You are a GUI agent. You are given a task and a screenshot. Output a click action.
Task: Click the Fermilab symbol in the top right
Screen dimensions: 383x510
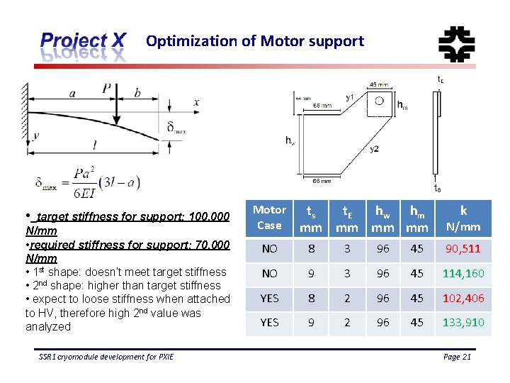tap(456, 44)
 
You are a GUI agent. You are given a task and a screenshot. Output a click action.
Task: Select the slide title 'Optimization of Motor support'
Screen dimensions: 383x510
tap(255, 41)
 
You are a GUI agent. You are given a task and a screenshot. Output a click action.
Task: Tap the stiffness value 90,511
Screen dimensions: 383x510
tap(463, 249)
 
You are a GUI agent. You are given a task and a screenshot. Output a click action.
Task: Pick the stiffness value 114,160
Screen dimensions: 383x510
tap(463, 274)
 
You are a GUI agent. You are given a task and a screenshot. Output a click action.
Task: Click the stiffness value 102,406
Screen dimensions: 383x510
tap(463, 299)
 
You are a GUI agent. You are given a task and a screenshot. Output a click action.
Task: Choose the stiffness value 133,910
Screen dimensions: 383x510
tap(463, 323)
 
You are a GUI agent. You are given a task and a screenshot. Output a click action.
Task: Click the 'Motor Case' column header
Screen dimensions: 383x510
tap(269, 218)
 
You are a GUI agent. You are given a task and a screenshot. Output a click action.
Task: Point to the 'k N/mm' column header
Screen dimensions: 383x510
tap(463, 218)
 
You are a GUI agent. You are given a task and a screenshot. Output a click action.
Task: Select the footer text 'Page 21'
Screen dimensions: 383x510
tap(457, 357)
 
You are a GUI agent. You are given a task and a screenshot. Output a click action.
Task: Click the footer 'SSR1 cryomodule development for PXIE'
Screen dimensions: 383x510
tap(106, 357)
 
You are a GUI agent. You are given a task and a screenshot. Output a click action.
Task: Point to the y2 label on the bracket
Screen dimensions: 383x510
tap(373, 150)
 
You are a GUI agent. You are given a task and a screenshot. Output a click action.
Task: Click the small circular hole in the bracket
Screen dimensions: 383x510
tap(379, 101)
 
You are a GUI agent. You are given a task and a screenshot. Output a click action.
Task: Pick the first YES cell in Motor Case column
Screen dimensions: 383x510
tap(269, 299)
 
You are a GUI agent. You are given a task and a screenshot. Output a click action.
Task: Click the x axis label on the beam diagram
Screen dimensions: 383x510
tap(196, 102)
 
